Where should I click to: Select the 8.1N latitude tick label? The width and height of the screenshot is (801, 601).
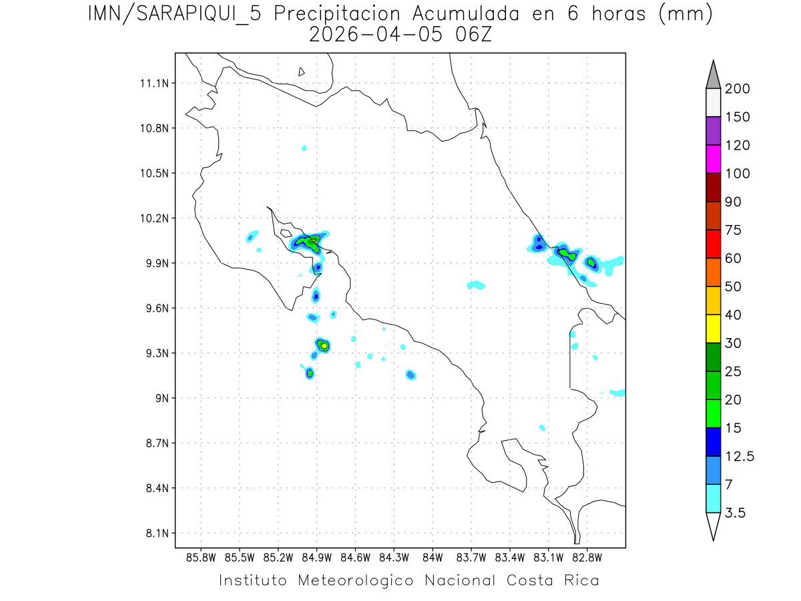pyautogui.click(x=156, y=533)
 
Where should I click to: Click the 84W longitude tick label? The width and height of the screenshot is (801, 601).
pyautogui.click(x=433, y=558)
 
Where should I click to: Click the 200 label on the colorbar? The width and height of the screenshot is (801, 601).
pyautogui.click(x=738, y=89)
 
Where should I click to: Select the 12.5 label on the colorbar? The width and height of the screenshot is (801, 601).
pyautogui.click(x=740, y=456)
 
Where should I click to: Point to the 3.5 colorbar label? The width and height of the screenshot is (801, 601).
pyautogui.click(x=736, y=513)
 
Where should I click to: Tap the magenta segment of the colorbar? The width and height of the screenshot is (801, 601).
pyautogui.click(x=713, y=159)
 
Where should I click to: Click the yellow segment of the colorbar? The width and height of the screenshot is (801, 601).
pyautogui.click(x=713, y=328)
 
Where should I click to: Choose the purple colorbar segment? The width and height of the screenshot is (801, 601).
pyautogui.click(x=713, y=131)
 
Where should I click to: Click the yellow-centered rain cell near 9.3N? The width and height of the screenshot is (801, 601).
pyautogui.click(x=324, y=345)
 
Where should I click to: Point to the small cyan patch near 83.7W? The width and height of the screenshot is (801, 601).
pyautogui.click(x=476, y=285)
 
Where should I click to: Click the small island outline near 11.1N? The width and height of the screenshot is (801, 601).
pyautogui.click(x=302, y=71)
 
